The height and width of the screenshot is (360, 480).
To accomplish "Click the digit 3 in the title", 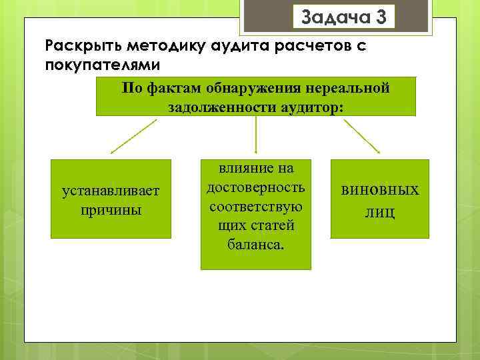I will click(381, 17).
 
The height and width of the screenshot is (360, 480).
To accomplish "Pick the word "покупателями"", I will click(102, 65).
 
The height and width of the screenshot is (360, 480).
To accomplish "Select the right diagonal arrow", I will click(365, 137).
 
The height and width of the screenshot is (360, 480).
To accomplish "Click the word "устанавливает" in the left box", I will click(111, 191).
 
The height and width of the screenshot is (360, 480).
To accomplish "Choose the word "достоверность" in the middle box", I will click(256, 188).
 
